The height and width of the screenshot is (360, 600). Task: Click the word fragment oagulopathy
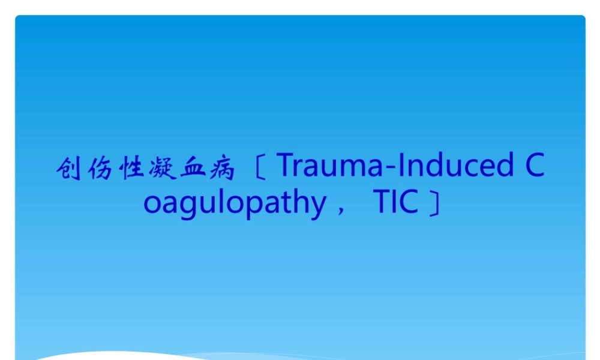pos(234,203)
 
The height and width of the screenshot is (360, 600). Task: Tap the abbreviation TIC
pos(395,202)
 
